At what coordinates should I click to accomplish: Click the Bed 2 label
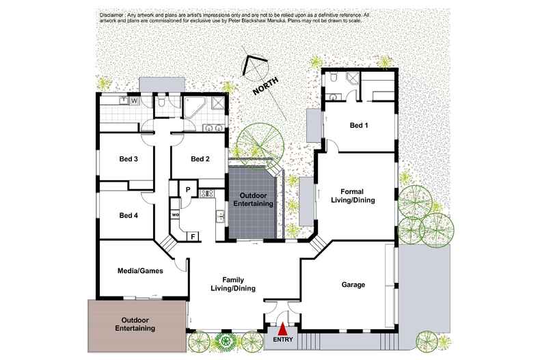pyautogui.click(x=200, y=160)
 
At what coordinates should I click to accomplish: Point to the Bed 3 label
pyautogui.click(x=129, y=160)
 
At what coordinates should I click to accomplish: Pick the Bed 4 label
pyautogui.click(x=129, y=215)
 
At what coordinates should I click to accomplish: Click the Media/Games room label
pyautogui.click(x=140, y=271)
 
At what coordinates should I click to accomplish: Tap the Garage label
pyautogui.click(x=353, y=284)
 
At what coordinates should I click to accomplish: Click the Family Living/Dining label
pyautogui.click(x=233, y=284)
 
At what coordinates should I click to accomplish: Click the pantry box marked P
pyautogui.click(x=187, y=189)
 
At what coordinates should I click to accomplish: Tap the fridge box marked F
pyautogui.click(x=193, y=236)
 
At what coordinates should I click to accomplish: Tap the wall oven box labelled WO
pyautogui.click(x=175, y=215)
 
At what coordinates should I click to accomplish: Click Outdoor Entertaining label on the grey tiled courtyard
pyautogui.click(x=254, y=199)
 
